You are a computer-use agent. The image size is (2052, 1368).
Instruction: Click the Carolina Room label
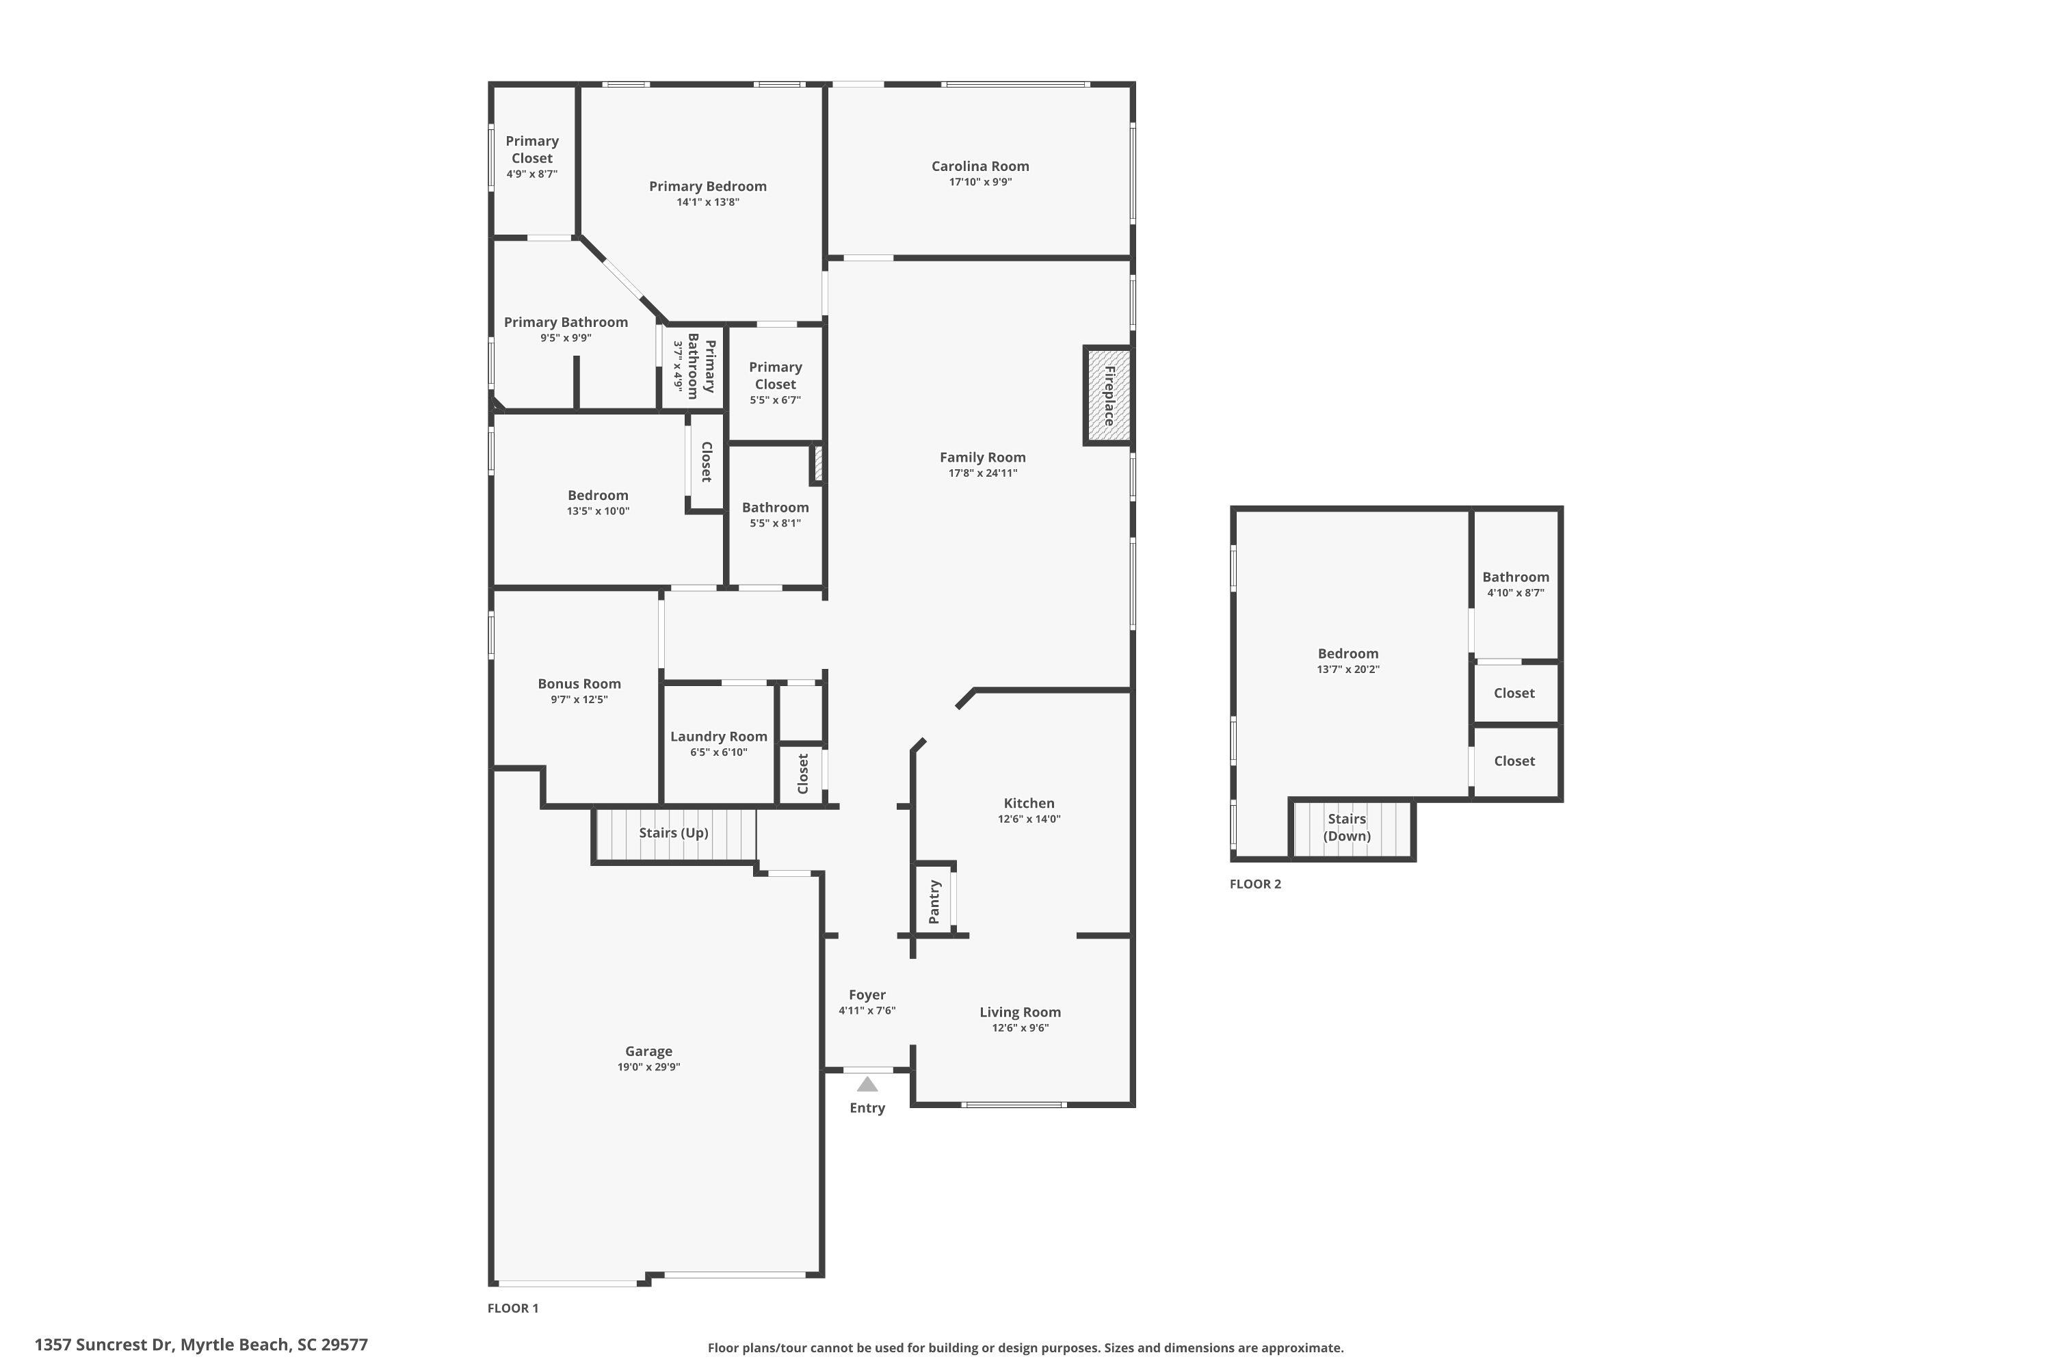pyautogui.click(x=979, y=166)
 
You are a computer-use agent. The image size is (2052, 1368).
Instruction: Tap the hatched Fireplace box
pyautogui.click(x=1108, y=395)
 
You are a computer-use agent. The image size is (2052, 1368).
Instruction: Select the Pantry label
pyautogui.click(x=934, y=902)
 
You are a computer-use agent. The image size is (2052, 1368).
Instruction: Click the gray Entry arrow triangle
pyautogui.click(x=867, y=1083)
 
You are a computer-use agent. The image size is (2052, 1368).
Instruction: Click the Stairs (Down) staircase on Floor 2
pyautogui.click(x=1352, y=829)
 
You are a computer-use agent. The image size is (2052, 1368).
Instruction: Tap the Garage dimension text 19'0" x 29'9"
pyautogui.click(x=648, y=1066)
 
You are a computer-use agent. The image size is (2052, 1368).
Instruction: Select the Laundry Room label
pyautogui.click(x=718, y=737)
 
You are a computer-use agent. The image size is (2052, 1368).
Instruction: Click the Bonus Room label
pyautogui.click(x=579, y=684)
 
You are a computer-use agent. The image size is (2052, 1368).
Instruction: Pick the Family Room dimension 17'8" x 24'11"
pyautogui.click(x=982, y=473)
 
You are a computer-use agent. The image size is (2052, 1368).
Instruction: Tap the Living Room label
pyautogui.click(x=1020, y=1012)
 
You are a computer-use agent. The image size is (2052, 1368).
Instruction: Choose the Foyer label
pyautogui.click(x=867, y=995)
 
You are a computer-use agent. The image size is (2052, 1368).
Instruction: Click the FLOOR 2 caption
pyautogui.click(x=1255, y=884)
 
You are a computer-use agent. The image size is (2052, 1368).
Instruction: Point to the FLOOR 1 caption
pyautogui.click(x=513, y=1308)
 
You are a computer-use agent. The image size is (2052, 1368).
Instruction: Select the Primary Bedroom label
pyautogui.click(x=707, y=186)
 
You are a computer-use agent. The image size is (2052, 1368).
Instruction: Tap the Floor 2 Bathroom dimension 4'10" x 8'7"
pyautogui.click(x=1516, y=592)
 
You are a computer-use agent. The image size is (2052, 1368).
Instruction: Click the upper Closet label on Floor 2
pyautogui.click(x=1514, y=693)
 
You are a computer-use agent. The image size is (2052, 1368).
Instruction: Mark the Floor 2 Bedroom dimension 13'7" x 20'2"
pyautogui.click(x=1348, y=669)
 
